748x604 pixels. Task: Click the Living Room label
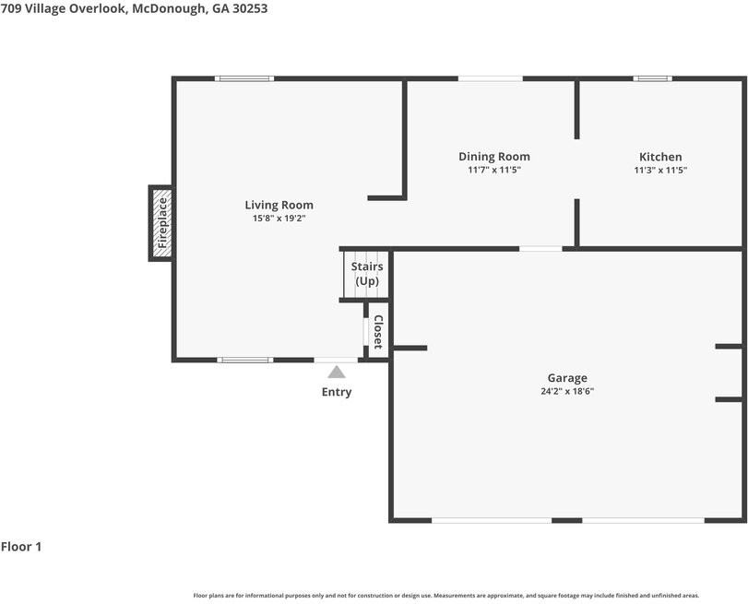279,205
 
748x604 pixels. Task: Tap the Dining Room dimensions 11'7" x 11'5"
494,170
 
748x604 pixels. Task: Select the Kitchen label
660,157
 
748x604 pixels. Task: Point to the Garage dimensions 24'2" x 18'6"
567,391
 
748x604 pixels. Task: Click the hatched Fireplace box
161,223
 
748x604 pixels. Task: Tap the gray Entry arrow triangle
337,372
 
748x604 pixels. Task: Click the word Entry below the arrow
337,392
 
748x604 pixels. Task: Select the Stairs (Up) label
367,274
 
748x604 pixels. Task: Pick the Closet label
378,332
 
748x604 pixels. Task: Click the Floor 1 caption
21,547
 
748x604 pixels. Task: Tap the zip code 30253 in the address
250,8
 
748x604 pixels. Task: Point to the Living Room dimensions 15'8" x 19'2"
279,219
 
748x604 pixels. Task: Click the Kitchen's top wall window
653,78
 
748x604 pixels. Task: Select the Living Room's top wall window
244,78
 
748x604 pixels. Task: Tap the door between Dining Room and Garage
540,249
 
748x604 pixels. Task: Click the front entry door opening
336,360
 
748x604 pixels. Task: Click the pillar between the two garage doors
566,520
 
